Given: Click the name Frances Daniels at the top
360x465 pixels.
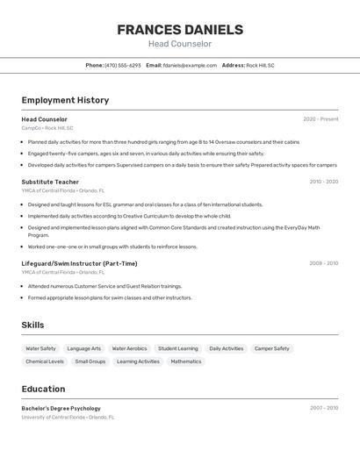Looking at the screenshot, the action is pos(180,30).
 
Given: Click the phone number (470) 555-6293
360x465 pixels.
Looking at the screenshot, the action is pos(122,65).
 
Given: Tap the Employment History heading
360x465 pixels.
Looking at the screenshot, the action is pos(65,100).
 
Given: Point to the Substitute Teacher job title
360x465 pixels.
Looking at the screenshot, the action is pos(50,182).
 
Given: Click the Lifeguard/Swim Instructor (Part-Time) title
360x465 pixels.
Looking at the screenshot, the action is pos(79,263).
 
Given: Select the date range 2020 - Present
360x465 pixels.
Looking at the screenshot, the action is pos(320,119).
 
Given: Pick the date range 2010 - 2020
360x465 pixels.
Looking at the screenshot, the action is pos(323,182).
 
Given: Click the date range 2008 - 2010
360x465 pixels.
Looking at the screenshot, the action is pos(323,263).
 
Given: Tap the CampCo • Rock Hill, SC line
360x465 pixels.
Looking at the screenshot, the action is pos(47,128).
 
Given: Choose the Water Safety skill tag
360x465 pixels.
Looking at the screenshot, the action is pos(40,348).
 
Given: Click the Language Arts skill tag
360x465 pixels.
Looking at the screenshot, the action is pos(84,348).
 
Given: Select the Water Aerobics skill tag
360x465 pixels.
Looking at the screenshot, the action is pos(129,348).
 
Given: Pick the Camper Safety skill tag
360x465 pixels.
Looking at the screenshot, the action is pos(272,348).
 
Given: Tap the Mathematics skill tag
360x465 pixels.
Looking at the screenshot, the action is pos(186,361).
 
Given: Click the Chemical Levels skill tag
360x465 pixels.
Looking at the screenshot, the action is pos(45,361).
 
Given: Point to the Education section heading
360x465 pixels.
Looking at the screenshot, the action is pos(43,389).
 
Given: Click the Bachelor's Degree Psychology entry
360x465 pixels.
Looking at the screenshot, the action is pos(61,408).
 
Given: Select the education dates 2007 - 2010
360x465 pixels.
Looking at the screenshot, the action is pos(323,408).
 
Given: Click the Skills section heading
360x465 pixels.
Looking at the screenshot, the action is pos(32,325).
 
